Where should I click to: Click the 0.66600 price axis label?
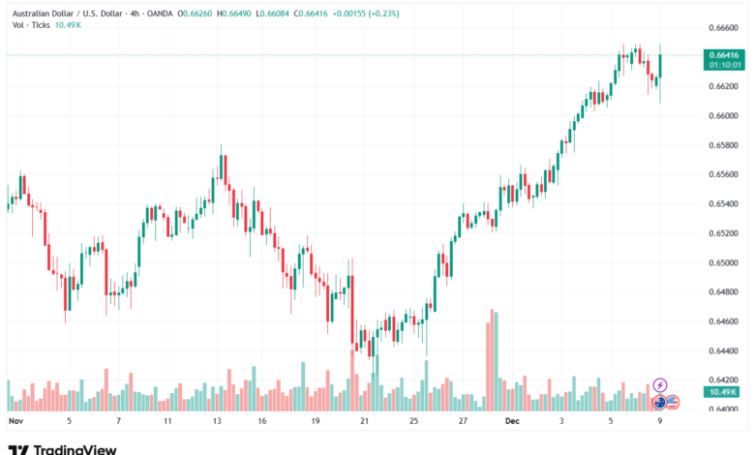pyautogui.click(x=723, y=28)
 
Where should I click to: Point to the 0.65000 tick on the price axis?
pyautogui.click(x=723, y=263)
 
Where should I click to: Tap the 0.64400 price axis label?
pyautogui.click(x=723, y=351)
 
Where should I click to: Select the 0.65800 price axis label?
pyautogui.click(x=723, y=145)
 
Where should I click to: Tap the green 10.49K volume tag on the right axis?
pyautogui.click(x=723, y=392)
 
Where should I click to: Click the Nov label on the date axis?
pyautogui.click(x=15, y=421)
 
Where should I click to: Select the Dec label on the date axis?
pyautogui.click(x=512, y=421)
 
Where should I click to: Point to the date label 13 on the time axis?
pyautogui.click(x=217, y=421)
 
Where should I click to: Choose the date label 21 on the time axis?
pyautogui.click(x=365, y=421)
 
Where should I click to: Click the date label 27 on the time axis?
pyautogui.click(x=463, y=421)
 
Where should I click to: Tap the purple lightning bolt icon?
pyautogui.click(x=660, y=385)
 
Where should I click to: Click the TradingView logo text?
pyautogui.click(x=75, y=450)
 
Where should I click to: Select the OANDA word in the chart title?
pyautogui.click(x=160, y=14)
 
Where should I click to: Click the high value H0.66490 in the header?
pyautogui.click(x=234, y=14)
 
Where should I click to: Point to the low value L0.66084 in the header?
pyautogui.click(x=272, y=14)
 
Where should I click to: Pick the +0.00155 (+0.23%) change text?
pyautogui.click(x=366, y=14)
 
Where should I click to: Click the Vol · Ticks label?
pyautogui.click(x=31, y=25)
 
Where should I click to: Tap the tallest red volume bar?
pyautogui.click(x=492, y=360)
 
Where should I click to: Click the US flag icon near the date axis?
pyautogui.click(x=673, y=402)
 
